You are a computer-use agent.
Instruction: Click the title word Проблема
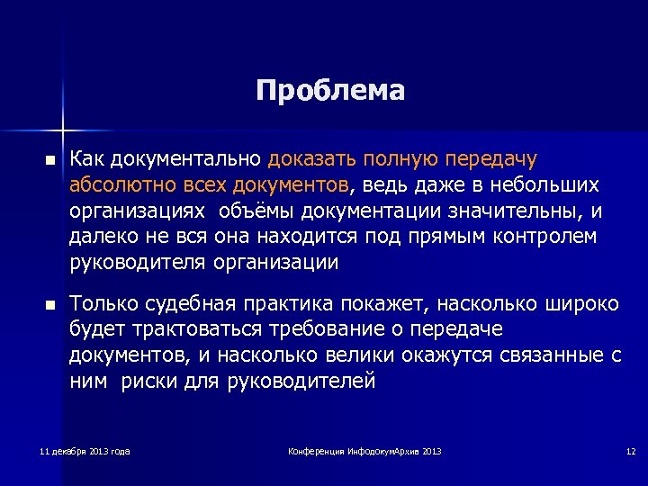click(330, 91)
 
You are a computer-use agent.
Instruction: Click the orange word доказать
click(312, 159)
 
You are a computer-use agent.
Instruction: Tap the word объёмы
click(255, 211)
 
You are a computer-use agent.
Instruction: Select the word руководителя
click(139, 263)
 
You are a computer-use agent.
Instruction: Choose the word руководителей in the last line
click(301, 381)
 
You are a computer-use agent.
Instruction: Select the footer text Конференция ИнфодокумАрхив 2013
click(364, 450)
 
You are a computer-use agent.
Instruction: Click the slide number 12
click(631, 450)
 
